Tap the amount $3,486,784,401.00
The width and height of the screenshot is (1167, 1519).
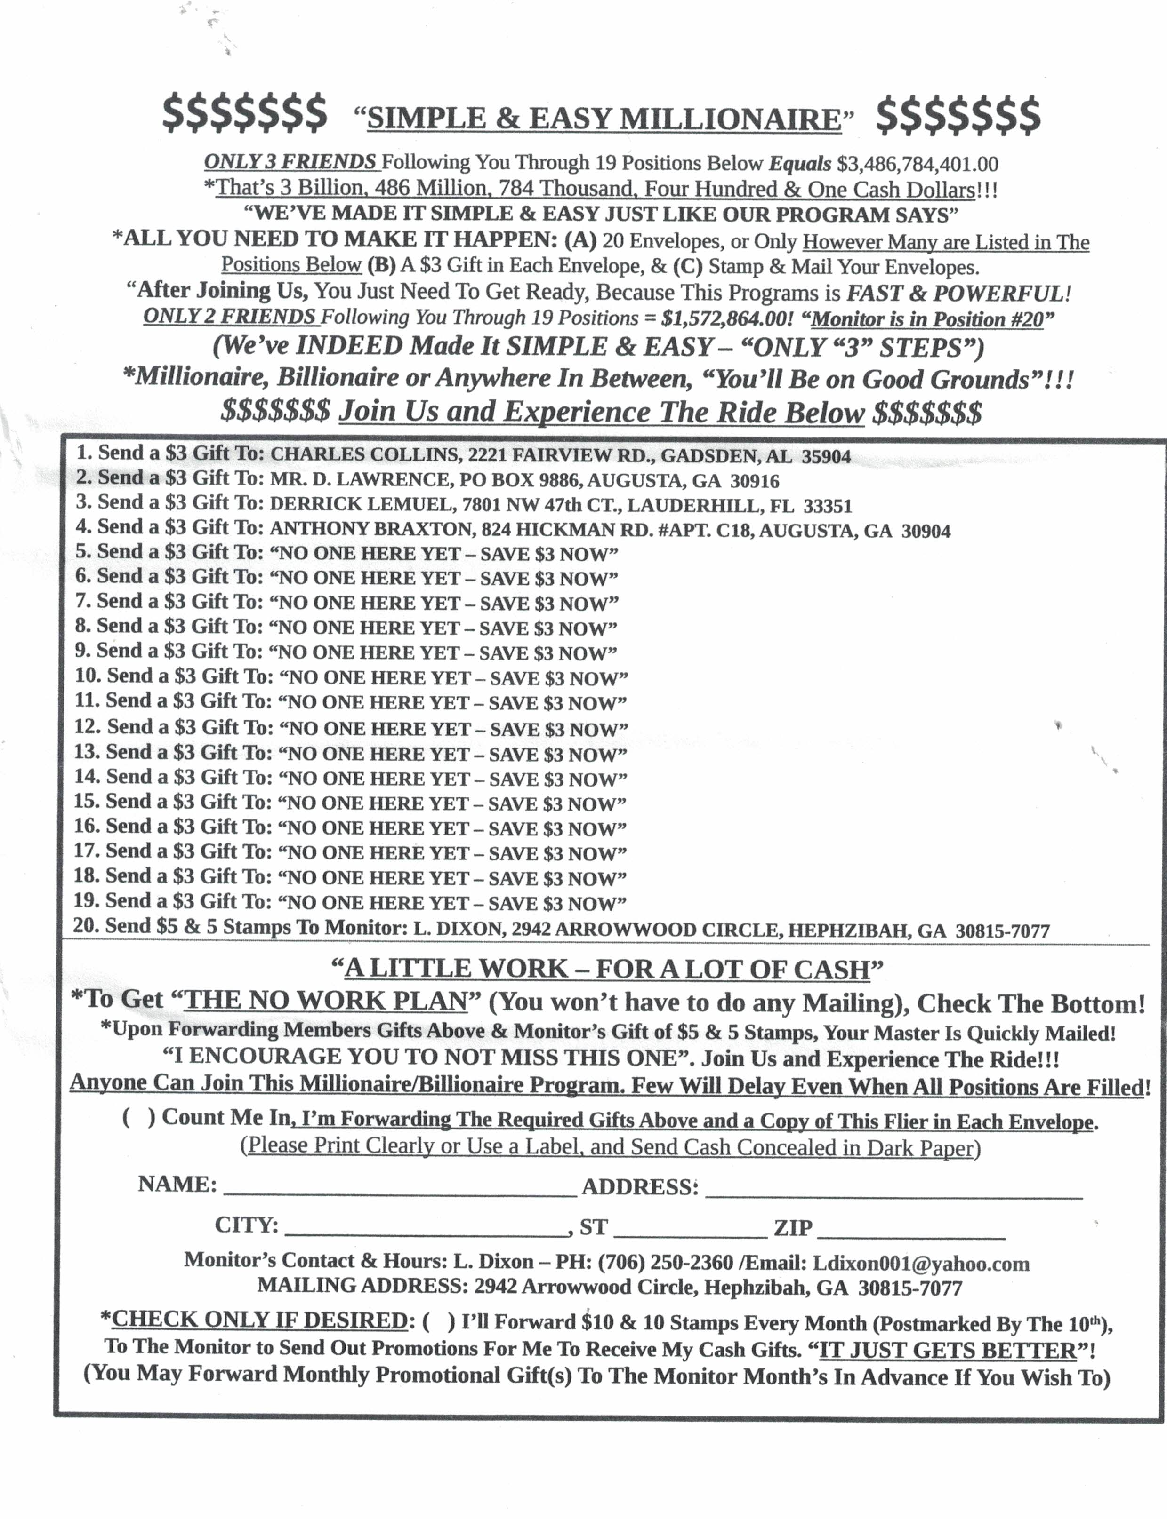pos(917,165)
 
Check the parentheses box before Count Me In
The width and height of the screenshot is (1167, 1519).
pos(139,1118)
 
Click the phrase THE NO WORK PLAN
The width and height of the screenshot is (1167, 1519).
pos(327,1001)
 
